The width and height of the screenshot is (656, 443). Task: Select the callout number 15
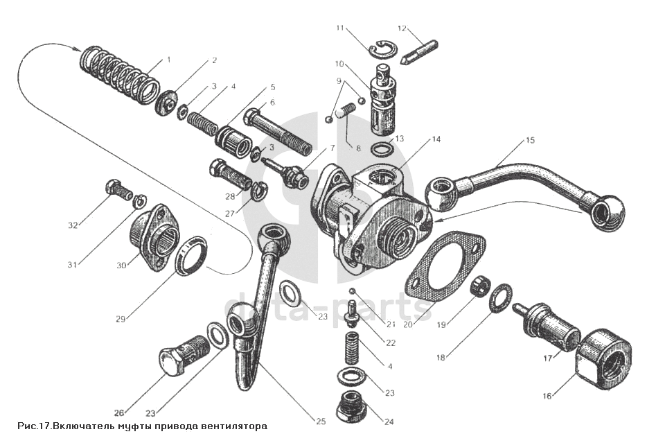pos(530,141)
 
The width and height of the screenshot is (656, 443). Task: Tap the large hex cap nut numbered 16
pos(603,355)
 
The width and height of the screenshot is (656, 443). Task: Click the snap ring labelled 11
pos(380,49)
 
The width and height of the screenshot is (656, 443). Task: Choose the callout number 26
pos(120,412)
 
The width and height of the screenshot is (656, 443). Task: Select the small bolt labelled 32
pos(119,189)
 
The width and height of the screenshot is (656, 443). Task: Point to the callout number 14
pos(436,139)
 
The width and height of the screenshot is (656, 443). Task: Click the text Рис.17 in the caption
pos(35,426)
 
